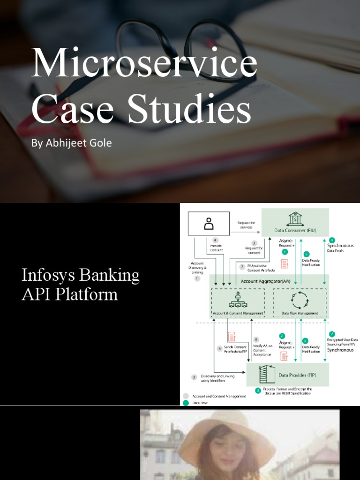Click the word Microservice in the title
(x=144, y=63)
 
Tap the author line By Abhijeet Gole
(x=71, y=143)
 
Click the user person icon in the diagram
(x=209, y=224)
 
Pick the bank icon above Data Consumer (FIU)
(x=295, y=219)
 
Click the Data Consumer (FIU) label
(x=295, y=231)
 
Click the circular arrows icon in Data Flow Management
(x=300, y=299)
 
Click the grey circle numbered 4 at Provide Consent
(x=216, y=240)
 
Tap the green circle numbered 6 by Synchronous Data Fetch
(x=332, y=240)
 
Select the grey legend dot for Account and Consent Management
(x=187, y=396)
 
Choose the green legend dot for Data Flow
(x=187, y=402)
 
